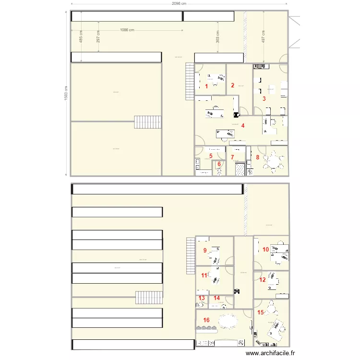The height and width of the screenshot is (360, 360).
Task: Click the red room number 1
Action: point(206,86)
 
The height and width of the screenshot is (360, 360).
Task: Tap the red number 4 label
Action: point(243,126)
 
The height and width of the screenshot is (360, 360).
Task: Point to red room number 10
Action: point(265,249)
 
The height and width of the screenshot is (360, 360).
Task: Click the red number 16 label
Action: point(206,320)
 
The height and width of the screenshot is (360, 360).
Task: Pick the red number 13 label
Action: point(201,298)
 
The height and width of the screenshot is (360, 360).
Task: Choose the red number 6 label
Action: point(219,164)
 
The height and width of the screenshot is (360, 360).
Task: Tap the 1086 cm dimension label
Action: point(127,30)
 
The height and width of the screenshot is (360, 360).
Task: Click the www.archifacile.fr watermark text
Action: point(271,353)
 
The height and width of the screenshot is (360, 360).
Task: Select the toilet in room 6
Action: point(219,172)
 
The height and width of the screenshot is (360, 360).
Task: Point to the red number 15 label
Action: point(261,312)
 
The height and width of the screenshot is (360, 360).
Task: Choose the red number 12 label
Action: point(263,280)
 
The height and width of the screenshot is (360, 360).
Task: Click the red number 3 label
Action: point(264,99)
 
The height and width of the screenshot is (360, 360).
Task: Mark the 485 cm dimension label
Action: point(81,36)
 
